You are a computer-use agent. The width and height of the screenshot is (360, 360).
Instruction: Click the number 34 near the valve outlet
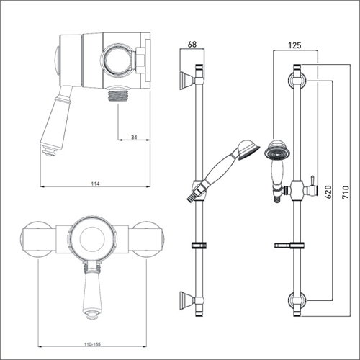[134, 131]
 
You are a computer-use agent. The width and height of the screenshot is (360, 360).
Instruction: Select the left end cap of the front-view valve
[36, 240]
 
